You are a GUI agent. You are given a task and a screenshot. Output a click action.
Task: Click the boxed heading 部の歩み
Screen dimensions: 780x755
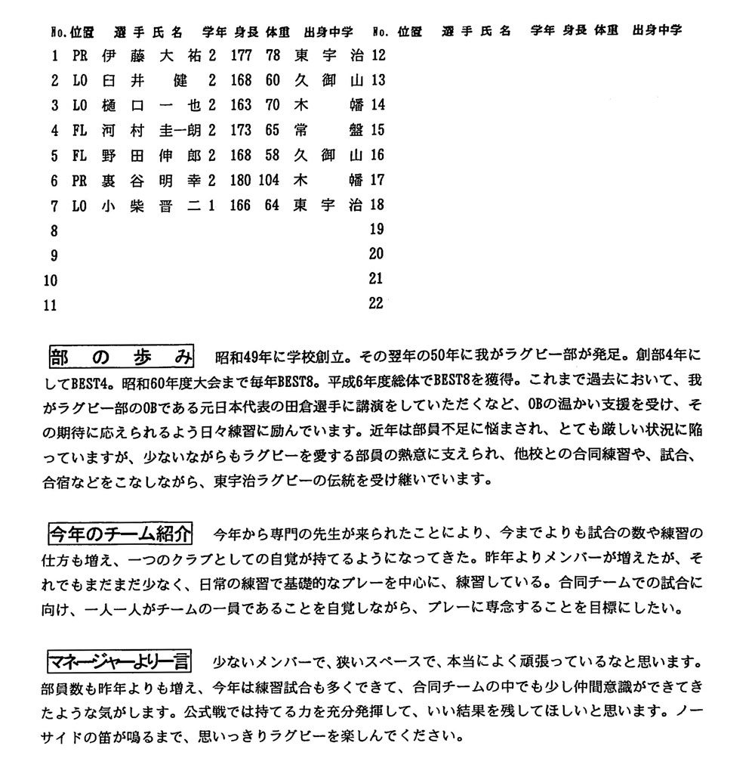pos(121,354)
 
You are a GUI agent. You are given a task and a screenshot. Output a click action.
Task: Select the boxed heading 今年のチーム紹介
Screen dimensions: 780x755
pos(121,534)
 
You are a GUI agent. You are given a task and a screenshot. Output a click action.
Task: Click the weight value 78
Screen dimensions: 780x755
pos(273,55)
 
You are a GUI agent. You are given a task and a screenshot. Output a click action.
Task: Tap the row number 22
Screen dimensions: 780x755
pos(376,304)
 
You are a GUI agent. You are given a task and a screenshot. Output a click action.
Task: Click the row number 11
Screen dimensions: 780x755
pos(51,305)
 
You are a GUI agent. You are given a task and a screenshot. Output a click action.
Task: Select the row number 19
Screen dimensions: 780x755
pos(376,229)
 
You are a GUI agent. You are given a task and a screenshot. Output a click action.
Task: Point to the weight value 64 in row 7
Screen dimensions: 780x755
pos(273,204)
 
